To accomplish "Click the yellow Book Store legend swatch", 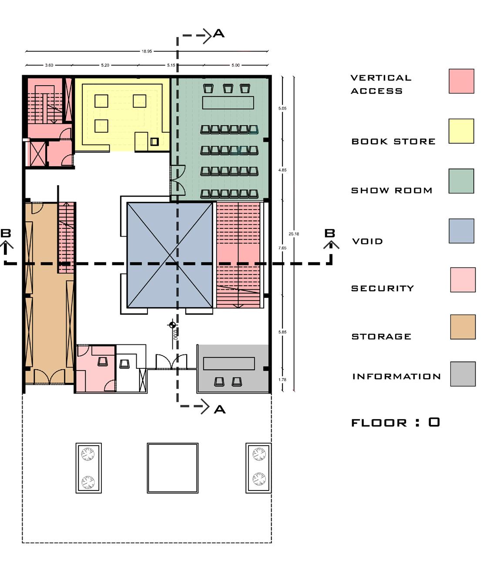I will click(x=461, y=131).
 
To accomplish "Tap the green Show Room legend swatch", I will click(x=461, y=181).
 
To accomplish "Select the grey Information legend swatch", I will click(x=463, y=374).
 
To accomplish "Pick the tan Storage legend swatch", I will click(x=463, y=327).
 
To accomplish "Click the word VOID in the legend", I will click(x=367, y=241).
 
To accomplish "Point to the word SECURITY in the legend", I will click(x=382, y=288).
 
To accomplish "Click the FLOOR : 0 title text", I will click(x=395, y=422).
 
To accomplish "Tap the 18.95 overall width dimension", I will click(x=147, y=51).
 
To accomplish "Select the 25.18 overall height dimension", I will click(x=294, y=234).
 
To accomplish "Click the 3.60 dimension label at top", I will click(x=49, y=65).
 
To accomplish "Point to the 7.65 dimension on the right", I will click(x=282, y=248).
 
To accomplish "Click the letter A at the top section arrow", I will click(x=219, y=33).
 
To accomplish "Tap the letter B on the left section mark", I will click(x=6, y=233).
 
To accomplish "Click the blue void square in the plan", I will click(x=170, y=255).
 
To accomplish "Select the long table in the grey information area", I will click(x=229, y=364).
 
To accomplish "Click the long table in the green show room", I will click(x=228, y=103).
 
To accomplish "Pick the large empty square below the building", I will click(x=173, y=468).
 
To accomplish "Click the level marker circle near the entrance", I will click(x=172, y=324).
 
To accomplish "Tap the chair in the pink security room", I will click(x=103, y=361).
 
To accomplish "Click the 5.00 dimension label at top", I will click(x=235, y=65).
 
